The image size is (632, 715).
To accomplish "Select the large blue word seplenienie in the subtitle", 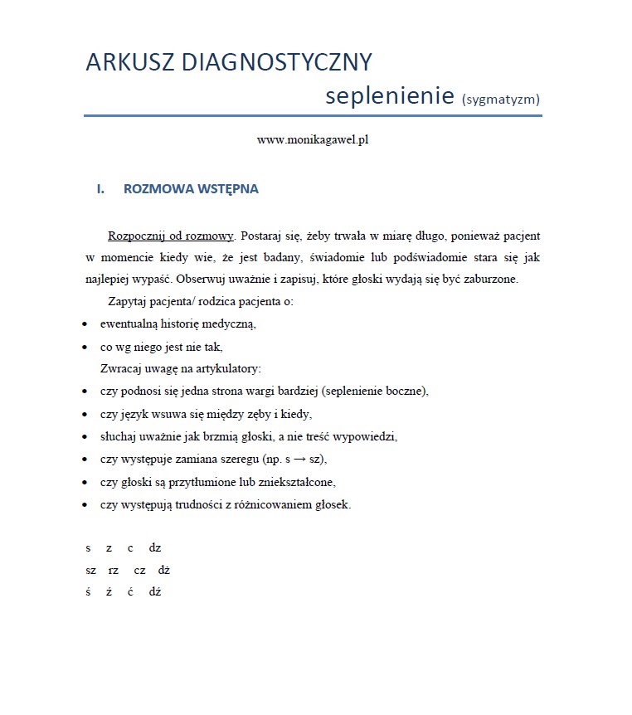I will point(389,95).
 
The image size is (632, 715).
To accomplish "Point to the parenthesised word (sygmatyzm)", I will point(501,100).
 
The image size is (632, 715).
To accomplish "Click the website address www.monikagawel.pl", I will point(313,140).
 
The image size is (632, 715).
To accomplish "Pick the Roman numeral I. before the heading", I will point(100,189).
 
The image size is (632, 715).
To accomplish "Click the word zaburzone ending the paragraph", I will point(490,279).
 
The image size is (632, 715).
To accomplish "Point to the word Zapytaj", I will point(127,301).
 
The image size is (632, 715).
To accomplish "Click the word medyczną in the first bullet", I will point(233,323).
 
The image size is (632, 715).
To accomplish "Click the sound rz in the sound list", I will point(114,570).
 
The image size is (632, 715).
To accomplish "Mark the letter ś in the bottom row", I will point(87,592).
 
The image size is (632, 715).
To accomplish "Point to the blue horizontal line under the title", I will point(313,116).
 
